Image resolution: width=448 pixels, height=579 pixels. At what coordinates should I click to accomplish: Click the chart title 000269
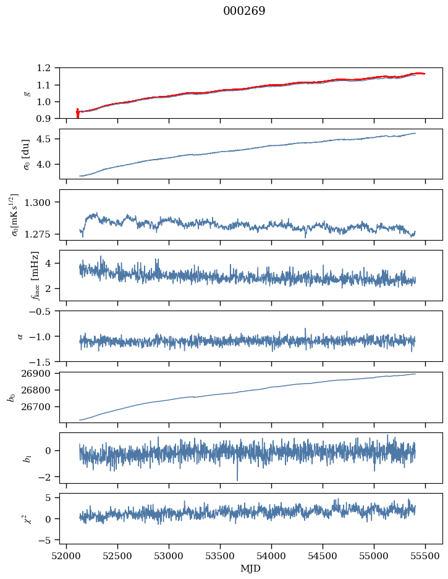(244, 11)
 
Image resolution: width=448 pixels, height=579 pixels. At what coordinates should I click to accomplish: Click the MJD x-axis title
(251, 568)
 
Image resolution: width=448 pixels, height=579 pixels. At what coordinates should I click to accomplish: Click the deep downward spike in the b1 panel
(237, 478)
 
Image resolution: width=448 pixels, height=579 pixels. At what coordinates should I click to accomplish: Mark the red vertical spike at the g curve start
(77, 113)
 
